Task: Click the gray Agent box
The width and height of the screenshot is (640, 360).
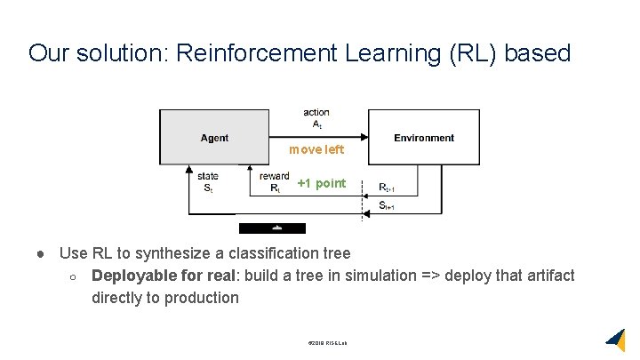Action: point(213,137)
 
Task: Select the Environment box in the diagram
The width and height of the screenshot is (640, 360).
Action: point(423,138)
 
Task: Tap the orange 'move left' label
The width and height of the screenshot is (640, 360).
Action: point(316,150)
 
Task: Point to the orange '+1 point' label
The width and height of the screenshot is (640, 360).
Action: point(321,184)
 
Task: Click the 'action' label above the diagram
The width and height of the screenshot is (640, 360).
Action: point(316,112)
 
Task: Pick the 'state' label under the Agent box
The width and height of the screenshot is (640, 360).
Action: point(208,177)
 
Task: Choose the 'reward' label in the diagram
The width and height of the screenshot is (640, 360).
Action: point(274,177)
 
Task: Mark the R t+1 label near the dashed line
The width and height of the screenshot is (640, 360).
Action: point(387,188)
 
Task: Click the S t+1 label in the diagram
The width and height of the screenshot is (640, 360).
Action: point(387,205)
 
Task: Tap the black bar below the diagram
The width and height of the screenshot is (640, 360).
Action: point(272,228)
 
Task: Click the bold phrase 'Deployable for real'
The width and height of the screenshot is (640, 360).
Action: point(164,276)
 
